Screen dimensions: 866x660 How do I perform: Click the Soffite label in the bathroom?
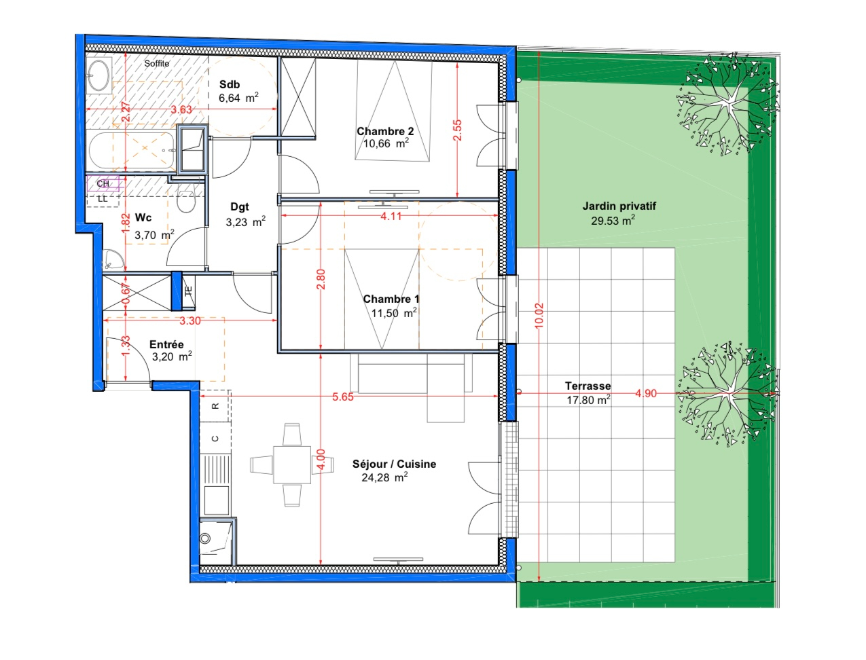click(x=157, y=63)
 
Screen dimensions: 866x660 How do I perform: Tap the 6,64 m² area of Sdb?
click(x=238, y=97)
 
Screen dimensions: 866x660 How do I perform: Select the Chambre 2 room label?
click(x=385, y=131)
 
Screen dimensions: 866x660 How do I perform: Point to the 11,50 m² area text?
click(x=394, y=312)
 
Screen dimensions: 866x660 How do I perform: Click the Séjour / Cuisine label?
click(x=394, y=464)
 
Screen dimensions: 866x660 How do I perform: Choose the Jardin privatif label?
click(x=619, y=206)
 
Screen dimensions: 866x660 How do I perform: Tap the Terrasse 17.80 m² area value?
click(x=588, y=400)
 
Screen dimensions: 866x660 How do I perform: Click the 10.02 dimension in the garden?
click(x=539, y=316)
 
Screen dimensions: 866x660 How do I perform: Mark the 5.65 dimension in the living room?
click(x=343, y=397)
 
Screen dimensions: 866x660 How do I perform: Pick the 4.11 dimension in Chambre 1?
click(x=391, y=216)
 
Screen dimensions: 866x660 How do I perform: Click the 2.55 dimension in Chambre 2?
click(x=457, y=130)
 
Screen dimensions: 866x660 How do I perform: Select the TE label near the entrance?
click(x=189, y=291)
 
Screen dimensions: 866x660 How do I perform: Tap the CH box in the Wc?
click(x=103, y=183)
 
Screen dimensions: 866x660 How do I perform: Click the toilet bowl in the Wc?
click(x=185, y=202)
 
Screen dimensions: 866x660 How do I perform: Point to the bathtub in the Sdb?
click(x=131, y=151)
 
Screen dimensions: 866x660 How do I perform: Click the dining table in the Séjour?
click(x=292, y=464)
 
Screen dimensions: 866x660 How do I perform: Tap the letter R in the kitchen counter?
click(x=215, y=405)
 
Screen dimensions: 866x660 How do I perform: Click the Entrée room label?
click(x=166, y=344)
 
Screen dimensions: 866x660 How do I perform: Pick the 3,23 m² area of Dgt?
click(x=245, y=222)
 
